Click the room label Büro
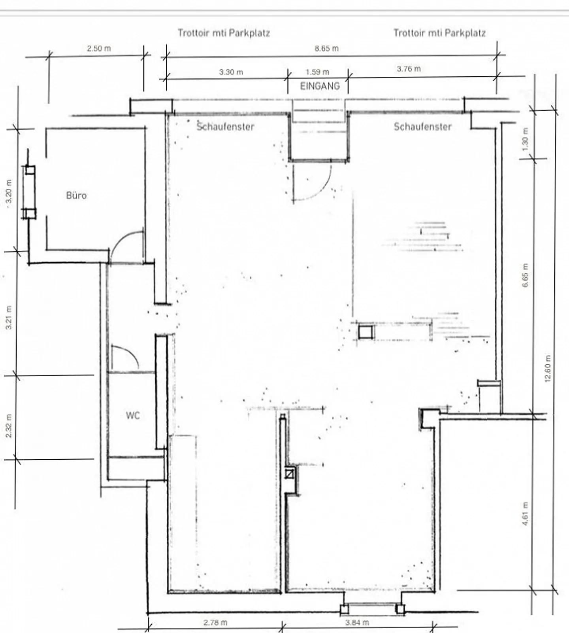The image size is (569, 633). click(x=76, y=195)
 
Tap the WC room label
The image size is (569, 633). click(x=133, y=415)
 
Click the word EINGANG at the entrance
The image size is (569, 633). click(x=320, y=86)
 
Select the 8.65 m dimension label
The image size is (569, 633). click(x=326, y=49)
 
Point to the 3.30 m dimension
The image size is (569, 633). click(x=231, y=72)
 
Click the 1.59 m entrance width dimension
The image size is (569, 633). click(x=317, y=72)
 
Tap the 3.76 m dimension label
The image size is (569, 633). click(x=409, y=69)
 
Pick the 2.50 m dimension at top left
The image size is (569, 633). click(x=99, y=49)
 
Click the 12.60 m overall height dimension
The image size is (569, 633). click(x=548, y=368)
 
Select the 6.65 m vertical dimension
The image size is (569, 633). click(x=525, y=275)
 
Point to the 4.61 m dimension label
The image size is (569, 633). click(x=525, y=514)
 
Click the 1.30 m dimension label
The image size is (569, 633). click(x=525, y=139)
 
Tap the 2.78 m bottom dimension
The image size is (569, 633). click(x=215, y=623)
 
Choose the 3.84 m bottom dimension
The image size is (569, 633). click(x=357, y=623)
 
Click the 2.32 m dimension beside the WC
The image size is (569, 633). click(x=9, y=426)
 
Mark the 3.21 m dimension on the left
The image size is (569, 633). click(x=9, y=318)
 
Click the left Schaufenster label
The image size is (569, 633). click(x=225, y=127)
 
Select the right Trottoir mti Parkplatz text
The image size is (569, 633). click(x=439, y=33)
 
